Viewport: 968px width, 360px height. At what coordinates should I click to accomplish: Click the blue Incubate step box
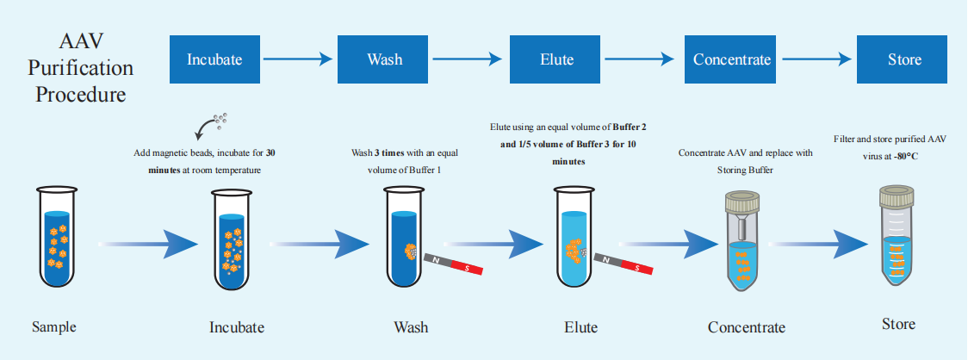pos(214,59)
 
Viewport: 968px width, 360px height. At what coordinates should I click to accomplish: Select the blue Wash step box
pos(384,59)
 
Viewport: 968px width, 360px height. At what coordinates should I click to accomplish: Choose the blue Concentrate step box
pos(732,59)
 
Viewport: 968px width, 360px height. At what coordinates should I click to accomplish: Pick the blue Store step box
pos(904,59)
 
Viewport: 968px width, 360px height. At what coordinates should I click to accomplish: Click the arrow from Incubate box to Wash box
pos(298,59)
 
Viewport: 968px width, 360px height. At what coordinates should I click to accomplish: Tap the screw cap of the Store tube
pos(901,197)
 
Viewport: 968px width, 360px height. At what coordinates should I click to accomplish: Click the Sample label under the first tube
pos(54,327)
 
